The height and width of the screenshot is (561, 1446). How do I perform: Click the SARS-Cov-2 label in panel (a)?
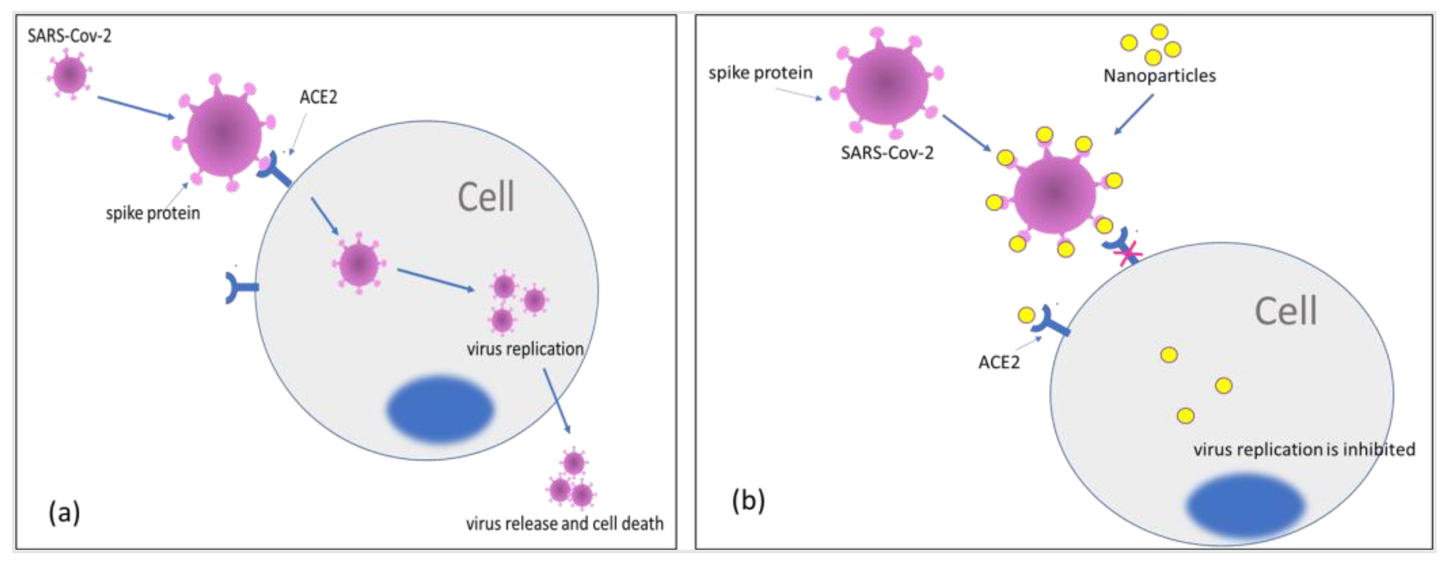69,36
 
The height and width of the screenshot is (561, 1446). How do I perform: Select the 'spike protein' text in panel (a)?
153,213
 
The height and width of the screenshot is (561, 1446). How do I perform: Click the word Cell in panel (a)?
486,198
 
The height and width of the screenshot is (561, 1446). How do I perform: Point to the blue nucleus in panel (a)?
440,409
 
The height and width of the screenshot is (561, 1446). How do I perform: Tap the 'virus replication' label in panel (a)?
525,349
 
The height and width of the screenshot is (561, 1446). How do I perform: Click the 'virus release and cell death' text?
564,523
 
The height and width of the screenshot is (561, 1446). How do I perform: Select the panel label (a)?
64,512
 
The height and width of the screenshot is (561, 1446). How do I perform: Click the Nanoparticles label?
1159,76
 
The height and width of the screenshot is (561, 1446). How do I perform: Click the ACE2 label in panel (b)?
999,363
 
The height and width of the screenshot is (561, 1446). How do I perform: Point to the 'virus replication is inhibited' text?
1304,449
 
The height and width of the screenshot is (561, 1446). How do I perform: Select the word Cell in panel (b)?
1285,311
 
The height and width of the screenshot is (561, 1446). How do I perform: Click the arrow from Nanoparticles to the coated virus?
1133,114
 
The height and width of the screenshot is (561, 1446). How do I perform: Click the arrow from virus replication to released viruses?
556,401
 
